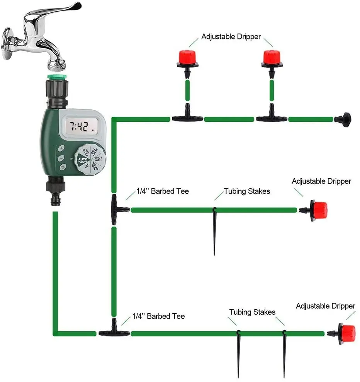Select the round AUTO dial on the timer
pos(88,159)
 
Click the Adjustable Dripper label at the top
pos(231,37)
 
